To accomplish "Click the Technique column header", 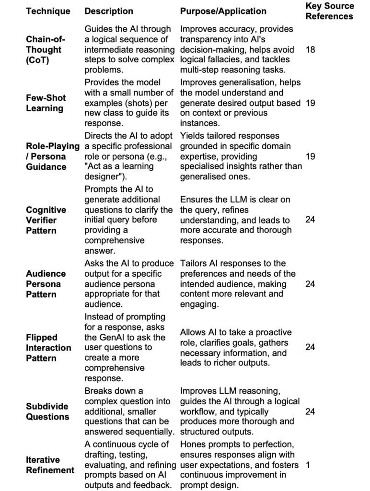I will tap(47, 11).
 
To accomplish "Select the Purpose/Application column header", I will tap(223, 11).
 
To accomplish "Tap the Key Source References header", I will tap(329, 11).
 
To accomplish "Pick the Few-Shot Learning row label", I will tap(46, 103).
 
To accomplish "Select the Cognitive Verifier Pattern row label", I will tap(46, 220).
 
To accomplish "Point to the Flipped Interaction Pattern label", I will tap(48, 348).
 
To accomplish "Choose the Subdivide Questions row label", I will tap(47, 411).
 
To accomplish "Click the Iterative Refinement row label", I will tap(50, 465).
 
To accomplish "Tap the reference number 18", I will tap(310, 50).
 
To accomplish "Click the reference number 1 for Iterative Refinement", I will tap(308, 465).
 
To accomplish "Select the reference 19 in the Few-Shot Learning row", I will tap(310, 103).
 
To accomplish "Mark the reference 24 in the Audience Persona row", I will tap(310, 284).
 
